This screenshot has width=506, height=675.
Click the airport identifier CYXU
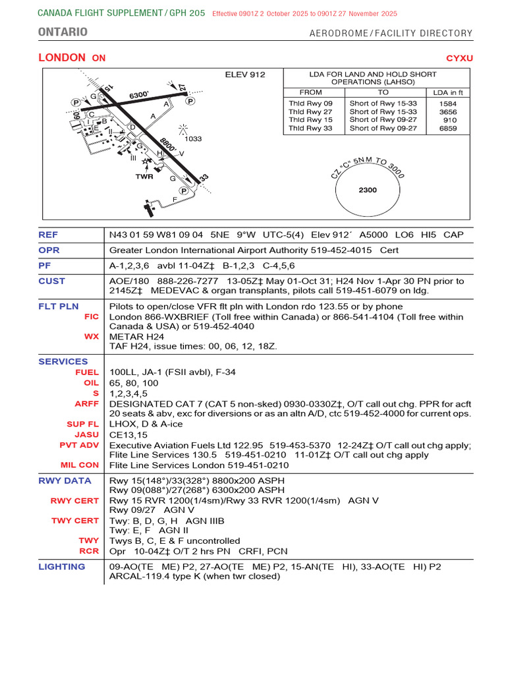coord(459,58)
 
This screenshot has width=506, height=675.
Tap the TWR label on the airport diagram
coord(144,177)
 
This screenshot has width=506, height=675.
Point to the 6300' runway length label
coord(139,95)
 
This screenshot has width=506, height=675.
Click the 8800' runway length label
coord(167,145)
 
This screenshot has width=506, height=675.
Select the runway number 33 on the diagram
coord(204,178)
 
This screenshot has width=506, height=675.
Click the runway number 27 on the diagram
coord(183,87)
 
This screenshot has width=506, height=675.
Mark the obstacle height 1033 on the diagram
coord(193,139)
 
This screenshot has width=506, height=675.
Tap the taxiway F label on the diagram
coord(175,199)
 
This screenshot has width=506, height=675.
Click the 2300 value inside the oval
coord(368,190)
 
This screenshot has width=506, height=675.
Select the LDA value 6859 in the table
coord(448,129)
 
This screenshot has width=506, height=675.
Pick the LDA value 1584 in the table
coord(448,103)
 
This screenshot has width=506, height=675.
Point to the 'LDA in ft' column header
coord(448,93)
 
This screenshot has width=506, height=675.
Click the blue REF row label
coord(48,234)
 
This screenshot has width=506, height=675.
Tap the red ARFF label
coord(87,403)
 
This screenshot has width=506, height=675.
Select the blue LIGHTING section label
coord(61,566)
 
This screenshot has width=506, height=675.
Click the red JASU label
coord(87,435)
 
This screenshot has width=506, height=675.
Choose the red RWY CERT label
coord(75,500)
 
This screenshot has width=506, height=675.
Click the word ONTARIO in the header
coord(63,32)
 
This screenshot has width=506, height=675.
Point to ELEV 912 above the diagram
coord(245,74)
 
